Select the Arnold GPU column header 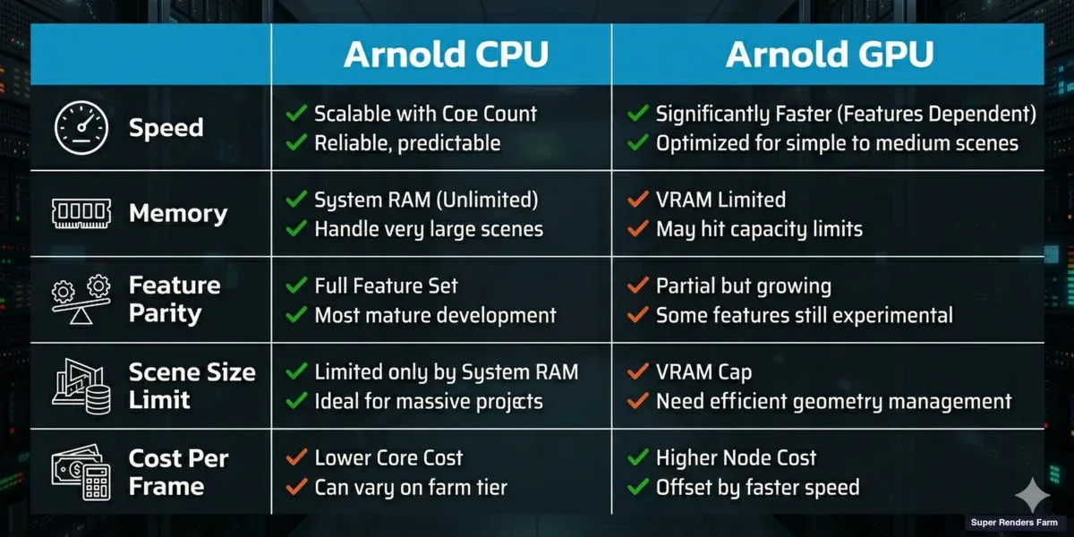(x=829, y=55)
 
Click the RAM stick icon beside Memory (x=80, y=214)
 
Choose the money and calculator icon (x=80, y=473)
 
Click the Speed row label (x=166, y=128)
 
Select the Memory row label (x=177, y=214)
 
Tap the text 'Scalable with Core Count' (x=425, y=114)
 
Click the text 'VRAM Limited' (x=720, y=200)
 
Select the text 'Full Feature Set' (x=386, y=286)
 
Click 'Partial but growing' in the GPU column (x=743, y=286)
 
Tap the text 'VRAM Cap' (x=703, y=372)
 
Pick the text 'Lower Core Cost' (x=388, y=458)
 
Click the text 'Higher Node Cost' (x=736, y=458)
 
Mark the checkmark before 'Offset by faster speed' (x=638, y=488)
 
